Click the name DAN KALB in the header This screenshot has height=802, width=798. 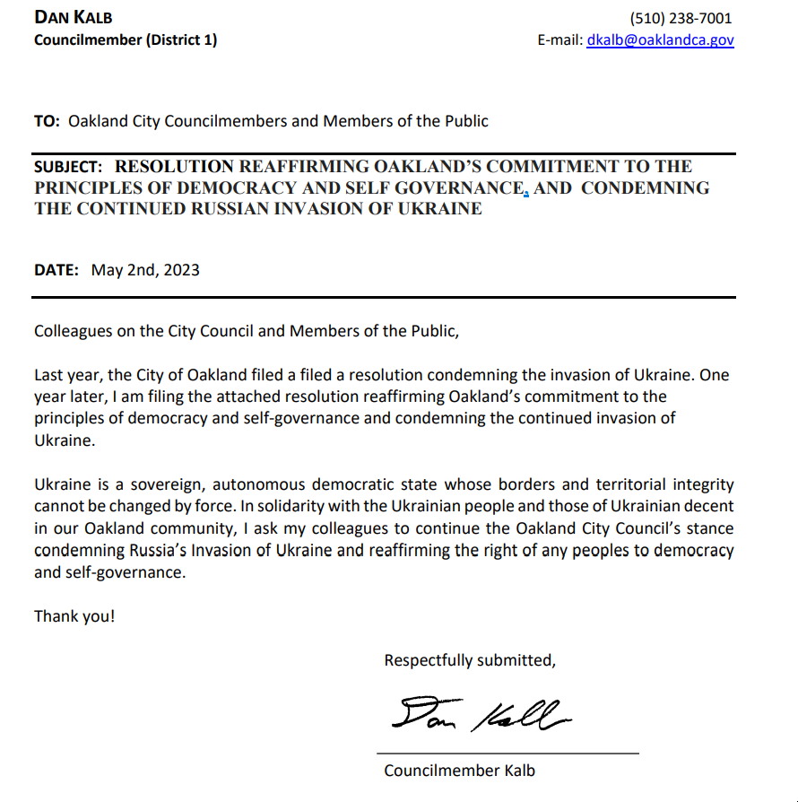pos(74,18)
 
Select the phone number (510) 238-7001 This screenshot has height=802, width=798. pos(681,18)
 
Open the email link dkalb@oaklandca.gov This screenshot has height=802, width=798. pos(660,39)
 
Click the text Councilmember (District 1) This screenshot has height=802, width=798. pos(126,39)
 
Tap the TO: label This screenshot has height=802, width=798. pos(47,121)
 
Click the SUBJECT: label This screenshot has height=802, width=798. pos(68,166)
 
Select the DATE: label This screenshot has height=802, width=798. pos(56,270)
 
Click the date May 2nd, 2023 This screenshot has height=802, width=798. pos(145,270)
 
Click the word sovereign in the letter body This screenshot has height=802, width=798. pos(166,485)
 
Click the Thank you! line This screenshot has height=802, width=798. pos(74,616)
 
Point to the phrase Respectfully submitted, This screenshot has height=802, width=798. pos(470,660)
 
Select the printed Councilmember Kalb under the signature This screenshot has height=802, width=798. pos(459,770)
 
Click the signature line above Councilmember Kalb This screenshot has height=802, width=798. pos(507,753)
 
